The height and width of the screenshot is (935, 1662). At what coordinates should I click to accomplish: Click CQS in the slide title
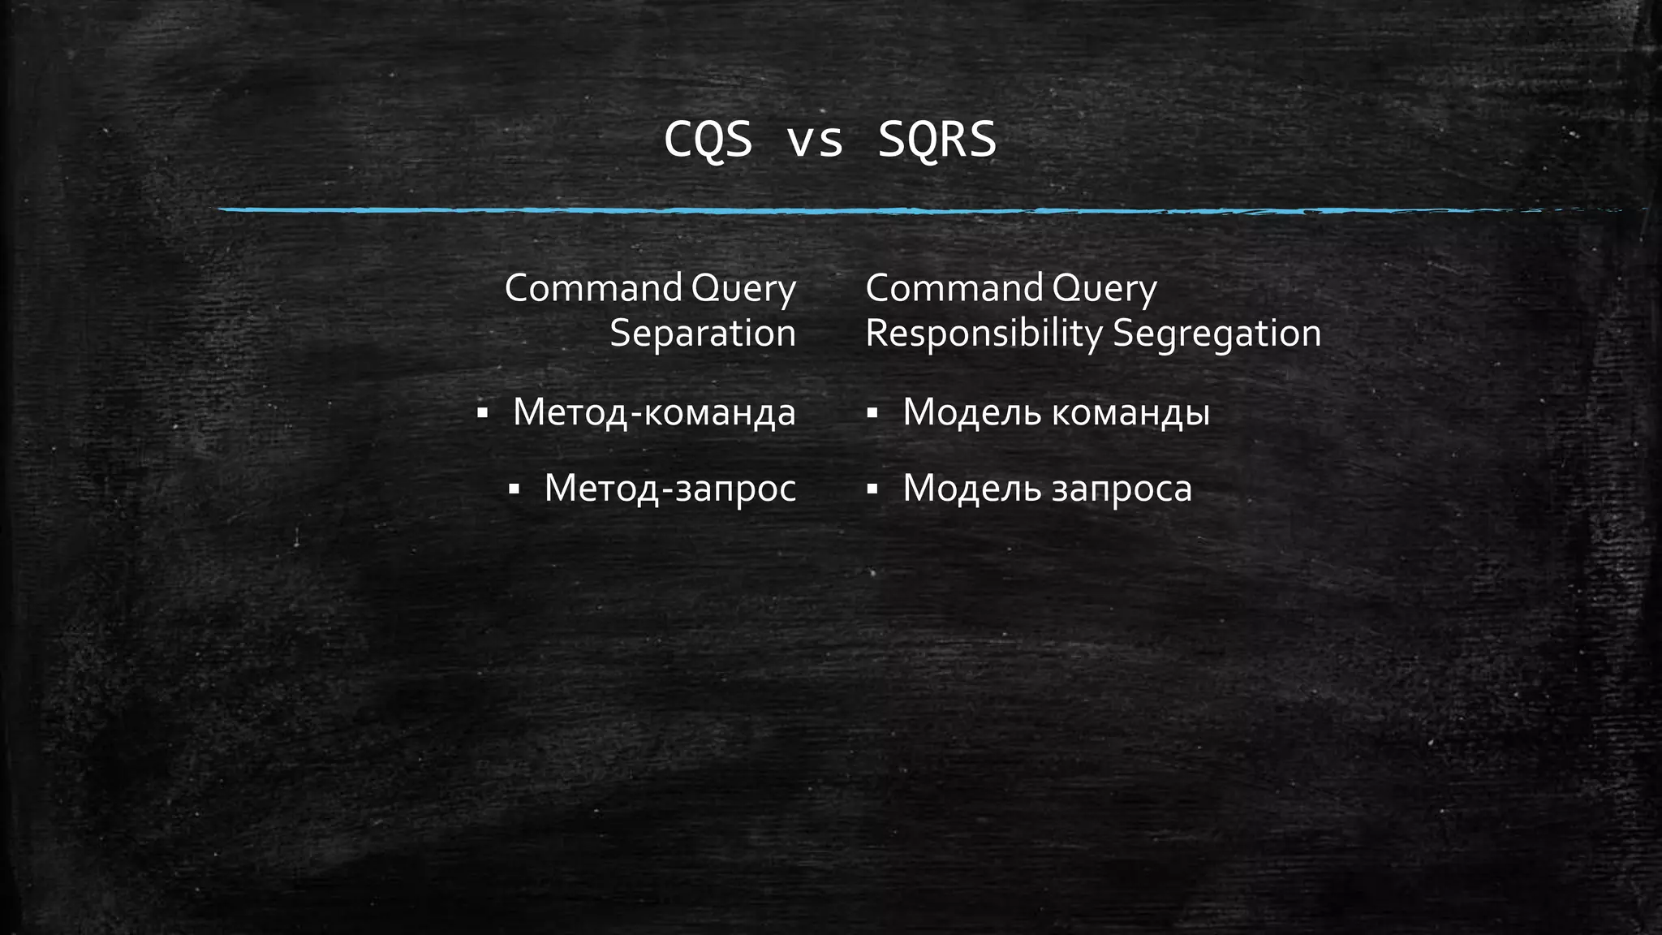point(708,140)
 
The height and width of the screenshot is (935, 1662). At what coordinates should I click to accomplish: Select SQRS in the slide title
point(937,140)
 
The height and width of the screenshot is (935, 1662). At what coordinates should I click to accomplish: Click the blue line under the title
point(893,210)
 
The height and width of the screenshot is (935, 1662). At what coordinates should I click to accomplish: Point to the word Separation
point(703,333)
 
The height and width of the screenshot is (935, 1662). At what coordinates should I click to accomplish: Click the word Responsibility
point(984,334)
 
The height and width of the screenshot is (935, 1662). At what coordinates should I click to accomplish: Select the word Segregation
point(1216,334)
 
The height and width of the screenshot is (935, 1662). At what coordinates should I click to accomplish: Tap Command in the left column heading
point(593,288)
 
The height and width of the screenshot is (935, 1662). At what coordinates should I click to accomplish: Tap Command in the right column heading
point(954,288)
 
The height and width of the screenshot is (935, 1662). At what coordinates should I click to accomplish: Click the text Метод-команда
point(654,412)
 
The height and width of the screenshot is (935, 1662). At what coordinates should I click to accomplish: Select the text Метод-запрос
point(670,489)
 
